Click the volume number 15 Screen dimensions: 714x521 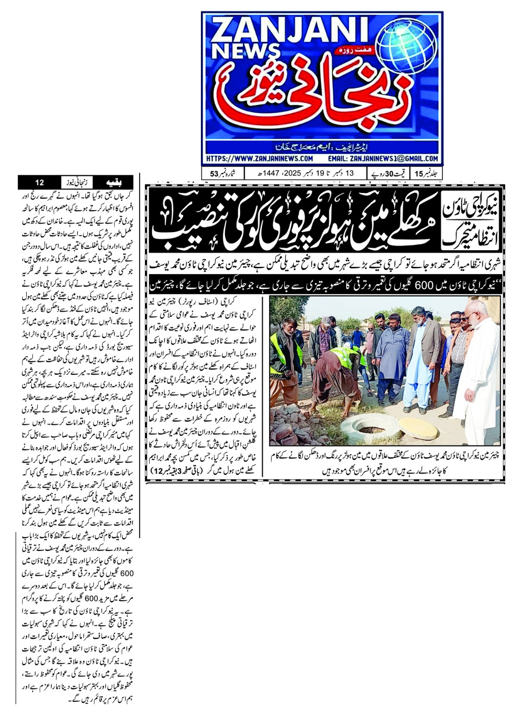coord(419,174)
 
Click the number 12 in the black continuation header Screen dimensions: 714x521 coord(39,182)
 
